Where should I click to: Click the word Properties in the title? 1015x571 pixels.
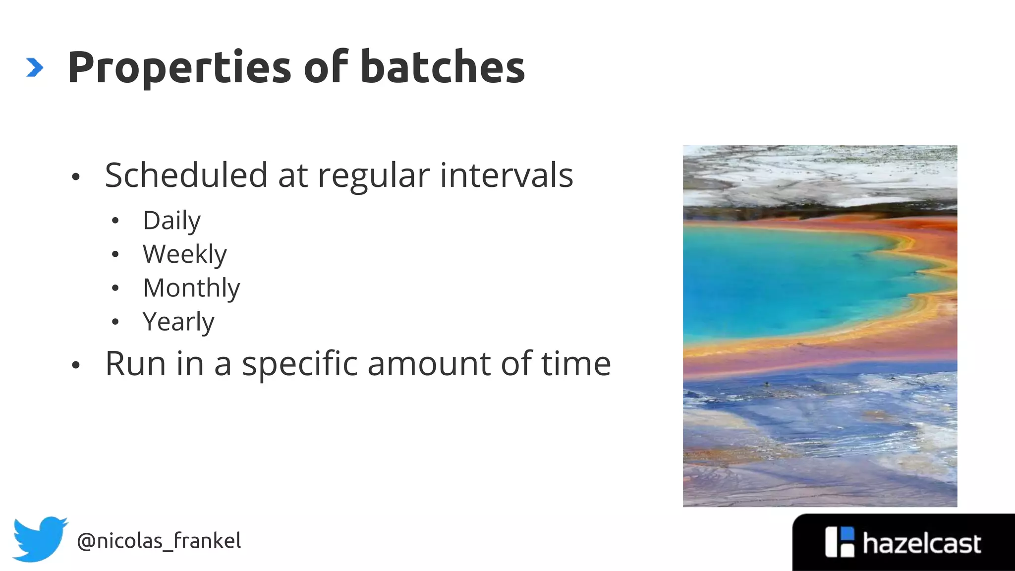[179, 68]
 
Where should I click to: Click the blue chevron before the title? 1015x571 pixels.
[34, 67]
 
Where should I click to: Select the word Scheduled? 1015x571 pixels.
[186, 175]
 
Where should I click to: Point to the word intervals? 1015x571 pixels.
[506, 175]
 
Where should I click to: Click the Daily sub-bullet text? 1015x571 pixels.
[171, 221]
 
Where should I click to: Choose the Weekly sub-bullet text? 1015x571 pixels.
[184, 254]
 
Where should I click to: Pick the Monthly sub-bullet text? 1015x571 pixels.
[191, 288]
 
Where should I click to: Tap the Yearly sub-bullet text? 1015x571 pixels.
[178, 322]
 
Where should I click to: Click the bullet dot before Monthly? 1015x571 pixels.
[115, 288]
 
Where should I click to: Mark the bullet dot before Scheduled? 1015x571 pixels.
[75, 177]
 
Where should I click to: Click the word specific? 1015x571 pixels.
[299, 364]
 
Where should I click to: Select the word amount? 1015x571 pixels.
[429, 364]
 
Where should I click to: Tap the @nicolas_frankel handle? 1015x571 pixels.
[159, 541]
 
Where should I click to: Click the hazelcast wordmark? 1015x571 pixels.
[921, 544]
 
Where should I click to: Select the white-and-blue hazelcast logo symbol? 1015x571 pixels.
[840, 542]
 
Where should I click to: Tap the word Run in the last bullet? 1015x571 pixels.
[135, 364]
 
